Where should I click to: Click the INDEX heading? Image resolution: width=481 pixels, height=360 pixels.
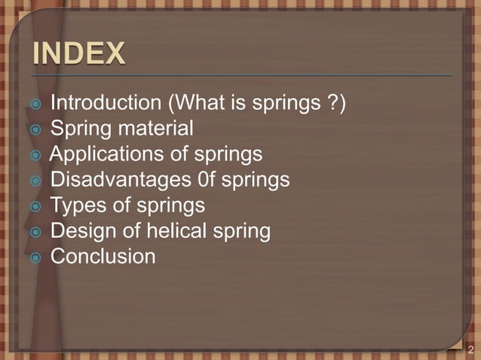click(x=78, y=54)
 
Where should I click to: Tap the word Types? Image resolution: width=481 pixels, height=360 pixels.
click(x=78, y=206)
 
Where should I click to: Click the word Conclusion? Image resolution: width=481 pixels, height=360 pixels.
click(x=103, y=257)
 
